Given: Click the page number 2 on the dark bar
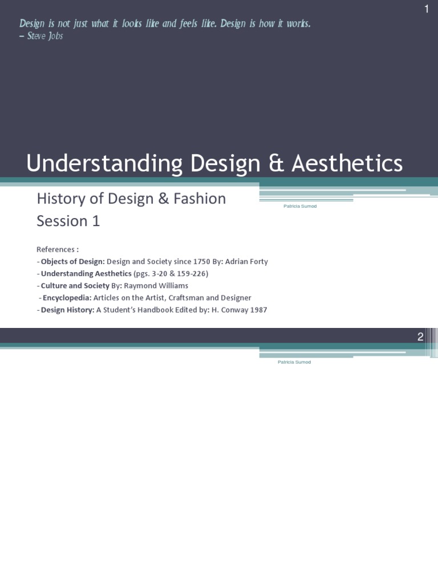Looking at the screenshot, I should pos(420,336).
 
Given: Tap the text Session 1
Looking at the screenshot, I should pos(68,221).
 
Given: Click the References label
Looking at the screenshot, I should pos(57,249).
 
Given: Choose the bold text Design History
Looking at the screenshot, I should pos(66,310).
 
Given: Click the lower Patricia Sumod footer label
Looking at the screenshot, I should pos(293,362).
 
